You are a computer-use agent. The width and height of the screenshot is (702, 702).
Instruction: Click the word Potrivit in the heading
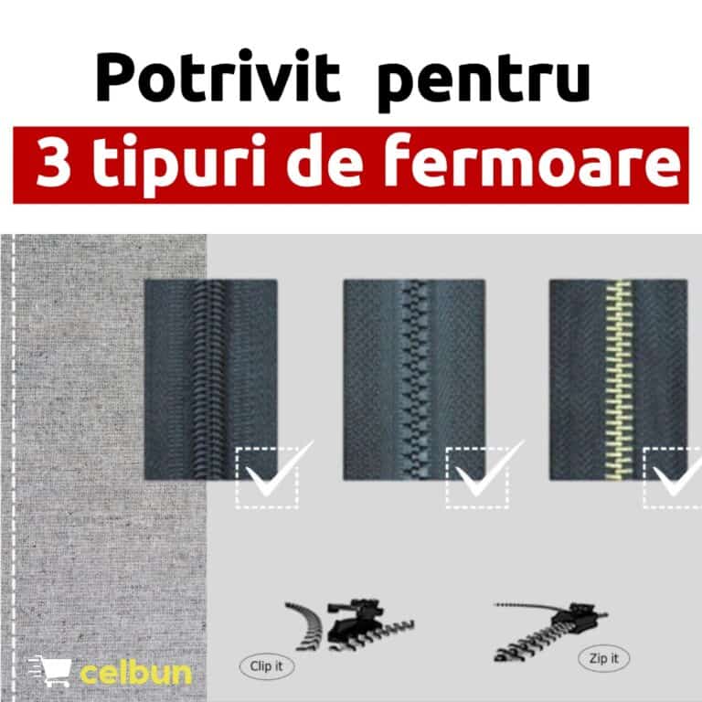coord(218,78)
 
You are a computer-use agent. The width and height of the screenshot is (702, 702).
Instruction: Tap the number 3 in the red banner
coord(53,163)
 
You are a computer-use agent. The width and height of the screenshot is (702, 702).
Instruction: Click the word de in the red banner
coord(324,161)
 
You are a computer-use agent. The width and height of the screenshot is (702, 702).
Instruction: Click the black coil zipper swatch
coord(211,379)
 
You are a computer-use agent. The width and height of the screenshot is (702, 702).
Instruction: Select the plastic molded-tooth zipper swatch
coord(414,379)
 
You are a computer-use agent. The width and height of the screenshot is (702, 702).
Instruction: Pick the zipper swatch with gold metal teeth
coord(618,379)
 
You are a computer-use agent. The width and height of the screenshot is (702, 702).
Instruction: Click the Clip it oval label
coord(267,666)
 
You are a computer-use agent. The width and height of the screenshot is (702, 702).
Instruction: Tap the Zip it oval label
coord(603,658)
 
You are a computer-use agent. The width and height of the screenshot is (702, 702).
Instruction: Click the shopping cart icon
coord(49,670)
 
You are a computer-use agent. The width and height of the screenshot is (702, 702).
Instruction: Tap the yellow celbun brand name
coord(136,673)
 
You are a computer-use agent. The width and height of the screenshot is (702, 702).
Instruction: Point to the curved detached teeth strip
coord(306,625)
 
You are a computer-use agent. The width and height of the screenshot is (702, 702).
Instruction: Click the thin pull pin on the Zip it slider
coord(524,607)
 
